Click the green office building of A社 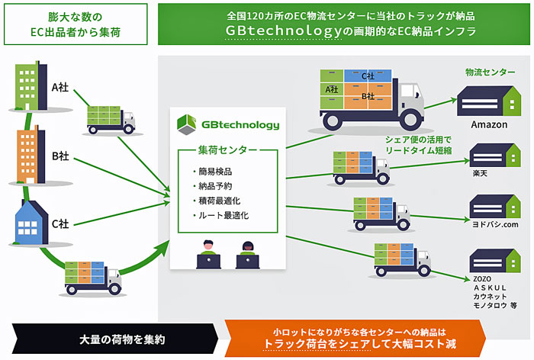point(31,86)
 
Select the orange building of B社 point(31,155)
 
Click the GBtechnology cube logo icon point(187,124)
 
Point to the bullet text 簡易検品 point(215,172)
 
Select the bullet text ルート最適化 point(224,215)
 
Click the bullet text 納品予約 point(215,186)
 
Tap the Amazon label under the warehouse point(489,124)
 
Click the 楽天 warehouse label point(480,173)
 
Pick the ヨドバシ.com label point(495,224)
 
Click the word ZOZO point(482,279)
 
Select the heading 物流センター point(490,72)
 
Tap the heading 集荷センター point(227,149)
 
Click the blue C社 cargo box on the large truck point(368,76)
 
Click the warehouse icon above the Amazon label point(489,101)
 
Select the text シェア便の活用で point(418,140)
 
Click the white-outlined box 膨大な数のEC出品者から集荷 point(76,24)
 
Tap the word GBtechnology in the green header point(283,31)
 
